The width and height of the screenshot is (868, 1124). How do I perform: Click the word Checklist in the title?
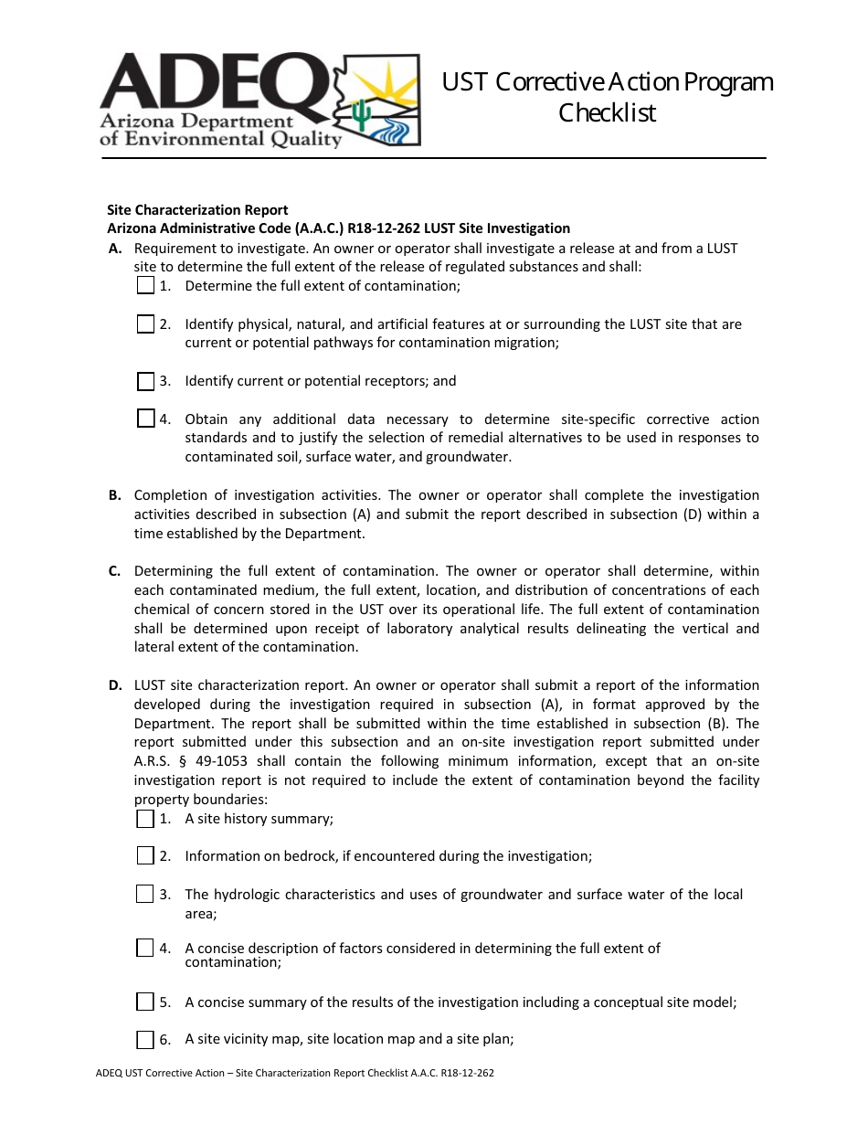(x=608, y=112)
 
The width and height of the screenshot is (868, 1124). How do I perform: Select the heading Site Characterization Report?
(x=197, y=209)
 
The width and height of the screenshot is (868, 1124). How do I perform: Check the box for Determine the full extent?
(x=145, y=285)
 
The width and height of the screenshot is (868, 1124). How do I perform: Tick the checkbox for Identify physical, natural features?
(x=145, y=323)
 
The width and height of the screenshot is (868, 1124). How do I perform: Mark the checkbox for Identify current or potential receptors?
(x=145, y=381)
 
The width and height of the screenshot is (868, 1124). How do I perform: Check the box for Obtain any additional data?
(x=145, y=419)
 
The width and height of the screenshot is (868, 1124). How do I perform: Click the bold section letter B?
(x=114, y=495)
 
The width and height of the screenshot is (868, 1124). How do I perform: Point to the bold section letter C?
(x=114, y=571)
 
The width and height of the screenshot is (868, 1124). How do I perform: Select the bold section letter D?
(x=115, y=685)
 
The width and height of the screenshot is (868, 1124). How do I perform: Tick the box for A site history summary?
(x=145, y=818)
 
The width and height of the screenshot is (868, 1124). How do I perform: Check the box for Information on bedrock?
(x=145, y=855)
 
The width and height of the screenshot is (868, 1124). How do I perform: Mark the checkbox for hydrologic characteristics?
(x=145, y=894)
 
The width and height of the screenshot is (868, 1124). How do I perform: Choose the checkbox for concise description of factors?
(x=145, y=948)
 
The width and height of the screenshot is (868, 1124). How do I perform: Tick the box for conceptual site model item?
(x=145, y=1002)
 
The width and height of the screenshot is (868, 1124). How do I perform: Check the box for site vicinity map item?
(x=145, y=1039)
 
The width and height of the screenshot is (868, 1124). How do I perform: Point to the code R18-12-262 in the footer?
(x=467, y=1073)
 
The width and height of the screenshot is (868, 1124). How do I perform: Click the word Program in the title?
(x=727, y=82)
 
